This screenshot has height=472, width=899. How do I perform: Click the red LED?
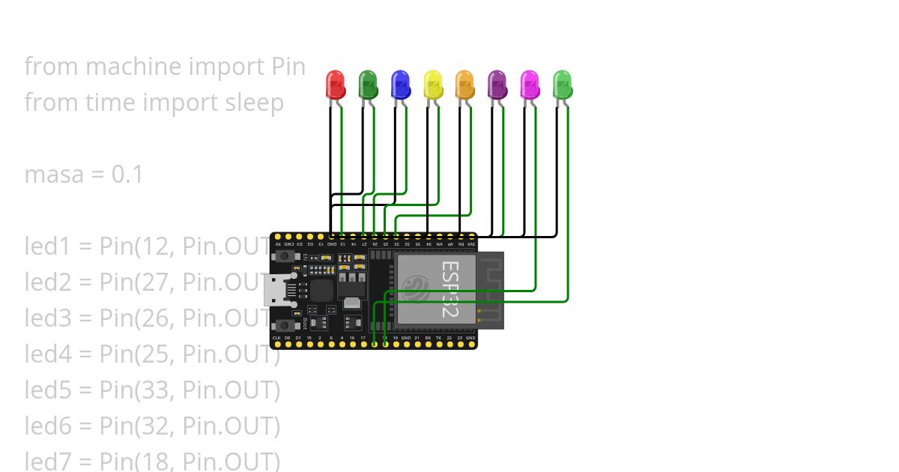335,84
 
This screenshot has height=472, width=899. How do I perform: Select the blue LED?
400,84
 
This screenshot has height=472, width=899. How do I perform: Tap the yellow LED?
432,84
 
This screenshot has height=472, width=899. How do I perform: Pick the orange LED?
464,84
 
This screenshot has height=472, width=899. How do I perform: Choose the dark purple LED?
497,84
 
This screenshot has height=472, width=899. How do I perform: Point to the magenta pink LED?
530,84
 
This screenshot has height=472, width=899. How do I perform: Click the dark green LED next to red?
367,84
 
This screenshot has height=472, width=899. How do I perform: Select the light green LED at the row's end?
562,84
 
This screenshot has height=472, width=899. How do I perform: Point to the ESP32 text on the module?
449,288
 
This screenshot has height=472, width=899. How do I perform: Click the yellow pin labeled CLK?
276,345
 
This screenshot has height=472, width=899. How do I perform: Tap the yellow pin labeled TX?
438,345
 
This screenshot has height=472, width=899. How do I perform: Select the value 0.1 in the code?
127,175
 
